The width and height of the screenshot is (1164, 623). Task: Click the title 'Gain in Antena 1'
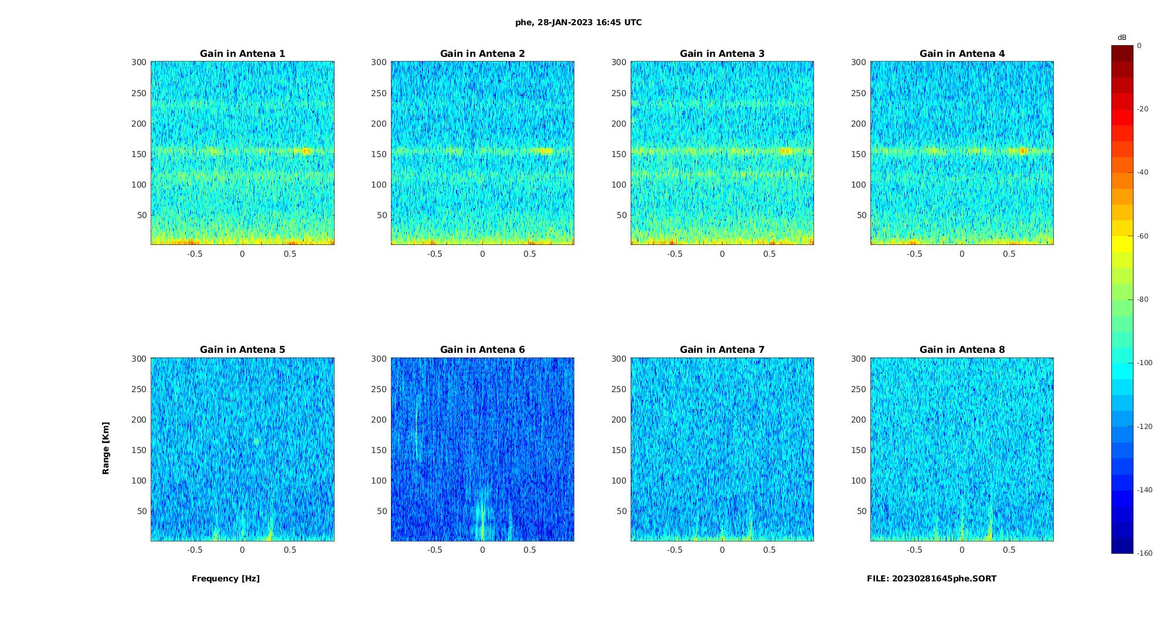pos(242,54)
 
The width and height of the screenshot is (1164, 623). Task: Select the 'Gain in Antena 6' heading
pos(482,350)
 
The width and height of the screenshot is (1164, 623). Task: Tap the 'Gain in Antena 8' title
pos(962,350)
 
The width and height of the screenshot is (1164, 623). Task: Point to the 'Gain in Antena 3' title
pos(722,54)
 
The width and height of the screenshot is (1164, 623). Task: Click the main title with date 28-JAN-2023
pos(578,23)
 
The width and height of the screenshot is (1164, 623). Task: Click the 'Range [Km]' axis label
pos(106,448)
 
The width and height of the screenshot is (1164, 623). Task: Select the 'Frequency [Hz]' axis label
pos(226,579)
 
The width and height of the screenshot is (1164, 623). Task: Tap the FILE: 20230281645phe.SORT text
pos(931,579)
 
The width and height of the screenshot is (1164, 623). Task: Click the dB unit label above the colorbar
pos(1122,38)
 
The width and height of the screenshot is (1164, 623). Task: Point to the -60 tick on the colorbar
pos(1143,236)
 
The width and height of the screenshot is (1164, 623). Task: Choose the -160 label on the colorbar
pos(1145,553)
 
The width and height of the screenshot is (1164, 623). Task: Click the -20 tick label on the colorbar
pos(1143,109)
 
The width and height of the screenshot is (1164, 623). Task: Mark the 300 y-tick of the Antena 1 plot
pos(139,62)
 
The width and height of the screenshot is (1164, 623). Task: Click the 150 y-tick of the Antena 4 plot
pos(859,154)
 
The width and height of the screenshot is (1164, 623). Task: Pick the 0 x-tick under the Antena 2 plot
pos(482,254)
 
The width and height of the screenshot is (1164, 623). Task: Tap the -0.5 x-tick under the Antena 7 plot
pos(675,550)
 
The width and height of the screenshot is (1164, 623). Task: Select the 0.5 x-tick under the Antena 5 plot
pos(290,550)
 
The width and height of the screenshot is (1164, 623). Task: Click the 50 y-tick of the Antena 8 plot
pos(861,511)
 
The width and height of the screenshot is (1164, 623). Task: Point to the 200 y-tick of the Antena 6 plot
pos(379,420)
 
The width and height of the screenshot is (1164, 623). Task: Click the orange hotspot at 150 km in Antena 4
pos(1023,151)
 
